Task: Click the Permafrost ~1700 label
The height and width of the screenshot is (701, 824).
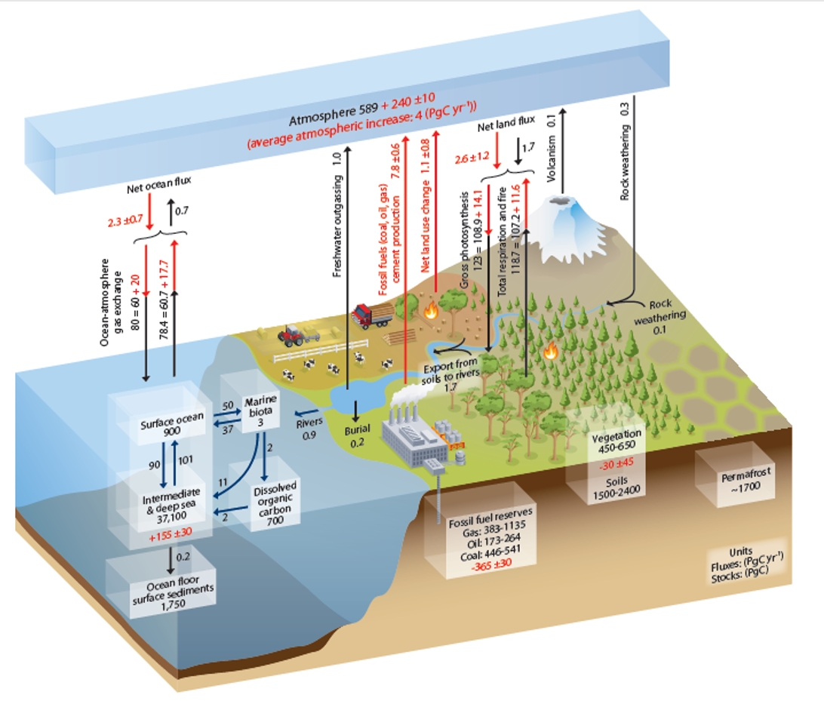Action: coord(745,479)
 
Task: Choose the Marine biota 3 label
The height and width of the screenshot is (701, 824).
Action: coord(260,411)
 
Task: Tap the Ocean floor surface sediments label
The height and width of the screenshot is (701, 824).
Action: coord(173,592)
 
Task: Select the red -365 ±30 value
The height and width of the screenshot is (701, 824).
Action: coord(490,565)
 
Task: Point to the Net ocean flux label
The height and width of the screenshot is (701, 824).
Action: coord(158,184)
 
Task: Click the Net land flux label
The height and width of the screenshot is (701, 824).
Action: coord(506,124)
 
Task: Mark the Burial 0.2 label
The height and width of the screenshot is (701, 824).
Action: coord(358,435)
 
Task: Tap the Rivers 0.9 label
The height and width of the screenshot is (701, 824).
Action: coord(309,429)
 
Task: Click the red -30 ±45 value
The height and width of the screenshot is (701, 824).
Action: coord(617,464)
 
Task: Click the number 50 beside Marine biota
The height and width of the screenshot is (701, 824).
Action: coord(228,406)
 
